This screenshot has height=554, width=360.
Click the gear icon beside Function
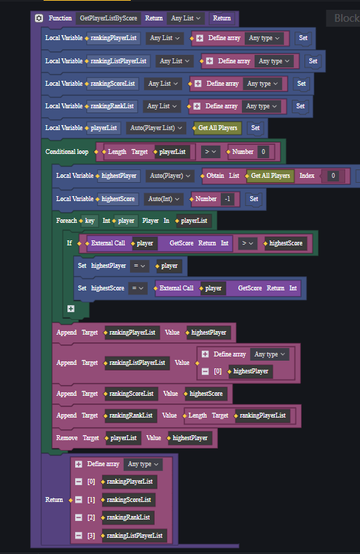point(39,18)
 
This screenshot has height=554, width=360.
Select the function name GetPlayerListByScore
point(108,18)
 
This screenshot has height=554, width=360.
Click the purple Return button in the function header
point(221,18)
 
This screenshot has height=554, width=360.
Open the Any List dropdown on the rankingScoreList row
point(162,84)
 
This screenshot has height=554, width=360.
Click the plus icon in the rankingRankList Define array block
point(197,106)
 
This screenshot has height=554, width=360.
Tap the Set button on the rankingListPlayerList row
point(313,61)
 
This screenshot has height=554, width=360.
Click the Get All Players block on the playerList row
point(218,128)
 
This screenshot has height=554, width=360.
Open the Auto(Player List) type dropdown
point(156,128)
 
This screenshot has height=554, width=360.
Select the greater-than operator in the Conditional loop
point(210,152)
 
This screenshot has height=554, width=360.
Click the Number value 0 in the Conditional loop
point(263,152)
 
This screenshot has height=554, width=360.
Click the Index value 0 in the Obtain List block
point(333,176)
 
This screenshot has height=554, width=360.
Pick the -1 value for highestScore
point(228,199)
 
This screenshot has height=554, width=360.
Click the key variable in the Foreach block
point(90,221)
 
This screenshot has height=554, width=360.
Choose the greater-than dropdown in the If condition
point(247,243)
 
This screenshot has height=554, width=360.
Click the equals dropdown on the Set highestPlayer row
point(139,266)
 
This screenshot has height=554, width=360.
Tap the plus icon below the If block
point(71,309)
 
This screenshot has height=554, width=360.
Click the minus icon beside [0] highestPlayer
point(205,371)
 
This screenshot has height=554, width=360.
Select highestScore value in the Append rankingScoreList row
point(206,394)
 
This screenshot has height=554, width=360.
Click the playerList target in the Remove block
point(123,438)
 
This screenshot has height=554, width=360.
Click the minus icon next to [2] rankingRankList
point(79,517)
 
